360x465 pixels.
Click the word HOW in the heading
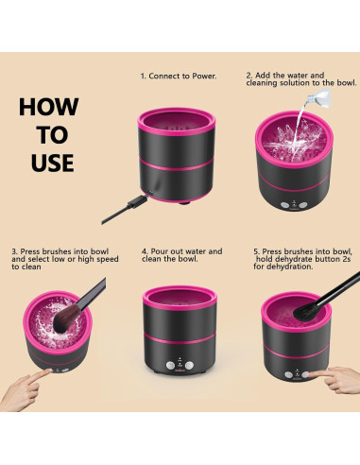tap(49, 107)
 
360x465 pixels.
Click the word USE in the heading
tap(52, 163)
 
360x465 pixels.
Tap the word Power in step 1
tap(204, 76)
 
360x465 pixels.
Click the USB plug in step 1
tap(137, 201)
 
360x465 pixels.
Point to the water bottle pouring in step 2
tap(320, 98)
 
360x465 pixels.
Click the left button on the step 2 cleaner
tap(284, 205)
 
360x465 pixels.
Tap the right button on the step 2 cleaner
tap(302, 205)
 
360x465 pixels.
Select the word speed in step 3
tap(108, 259)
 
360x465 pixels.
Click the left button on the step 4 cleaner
tap(170, 366)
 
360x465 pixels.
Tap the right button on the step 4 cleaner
tap(189, 366)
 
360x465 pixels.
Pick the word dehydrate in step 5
tap(291, 259)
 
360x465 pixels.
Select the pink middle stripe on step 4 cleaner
tap(180, 339)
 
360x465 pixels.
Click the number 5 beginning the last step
tap(256, 251)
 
